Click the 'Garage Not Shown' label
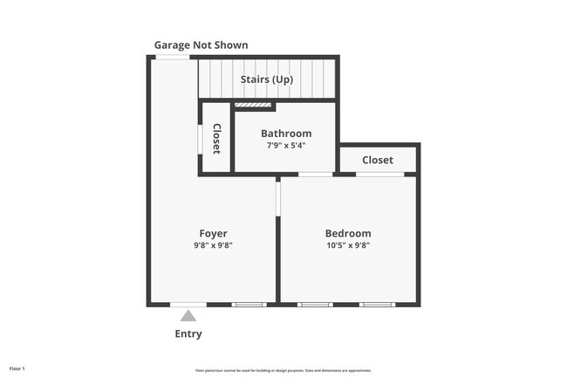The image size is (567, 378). coord(201,45)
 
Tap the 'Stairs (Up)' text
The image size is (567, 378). coord(266,79)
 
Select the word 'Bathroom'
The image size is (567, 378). coord(285,134)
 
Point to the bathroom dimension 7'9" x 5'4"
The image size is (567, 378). coord(285,146)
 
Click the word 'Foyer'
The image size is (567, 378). coord(213,233)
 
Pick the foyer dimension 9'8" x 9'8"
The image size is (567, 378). coord(213,246)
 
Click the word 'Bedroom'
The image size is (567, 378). coord(347,233)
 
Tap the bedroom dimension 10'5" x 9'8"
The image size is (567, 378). coord(347,246)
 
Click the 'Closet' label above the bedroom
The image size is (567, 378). coord(378,160)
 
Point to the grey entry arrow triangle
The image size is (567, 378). coord(188,316)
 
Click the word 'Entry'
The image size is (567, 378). coord(188,333)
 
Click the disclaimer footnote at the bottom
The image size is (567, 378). coord(283,369)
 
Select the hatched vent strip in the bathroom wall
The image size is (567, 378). coord(254,106)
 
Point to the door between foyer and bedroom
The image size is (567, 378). coord(278,196)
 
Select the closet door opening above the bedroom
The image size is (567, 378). coord(379,174)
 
